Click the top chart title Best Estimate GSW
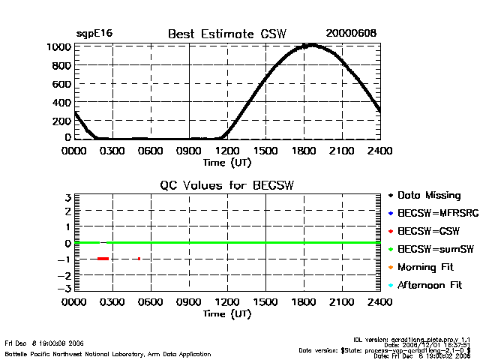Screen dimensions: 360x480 tap(227, 34)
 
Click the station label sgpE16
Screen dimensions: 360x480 tap(94, 34)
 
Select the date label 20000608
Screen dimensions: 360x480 tap(351, 34)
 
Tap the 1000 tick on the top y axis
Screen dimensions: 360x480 tap(61, 46)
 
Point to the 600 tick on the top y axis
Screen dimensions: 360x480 tap(63, 83)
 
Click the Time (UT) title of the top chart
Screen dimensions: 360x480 tap(227, 161)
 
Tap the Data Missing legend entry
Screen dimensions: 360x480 tap(429, 195)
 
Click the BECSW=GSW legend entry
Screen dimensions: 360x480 tap(427, 231)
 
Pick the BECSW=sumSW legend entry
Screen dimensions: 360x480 tap(432, 249)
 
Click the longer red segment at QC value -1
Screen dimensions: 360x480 tap(103, 259)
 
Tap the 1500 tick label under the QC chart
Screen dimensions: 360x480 tap(265, 303)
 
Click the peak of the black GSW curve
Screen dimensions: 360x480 tap(310, 45)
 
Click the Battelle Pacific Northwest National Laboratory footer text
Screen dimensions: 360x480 tap(107, 353)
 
